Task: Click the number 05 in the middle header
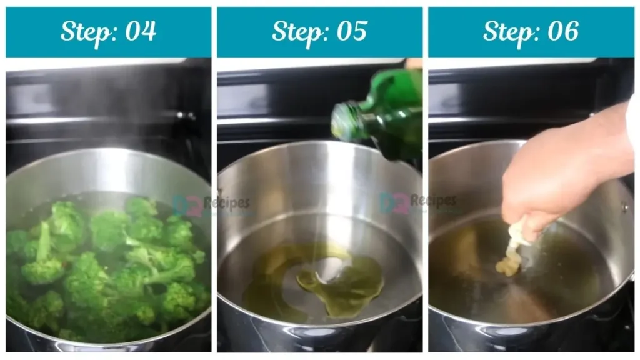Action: point(351,31)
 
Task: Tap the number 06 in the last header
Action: point(562,31)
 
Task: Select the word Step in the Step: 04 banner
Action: point(84,31)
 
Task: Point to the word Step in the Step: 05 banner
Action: point(296,31)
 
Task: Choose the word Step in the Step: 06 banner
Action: point(507,31)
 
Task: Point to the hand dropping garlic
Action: point(537,187)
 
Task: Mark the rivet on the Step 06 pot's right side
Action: point(624,207)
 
